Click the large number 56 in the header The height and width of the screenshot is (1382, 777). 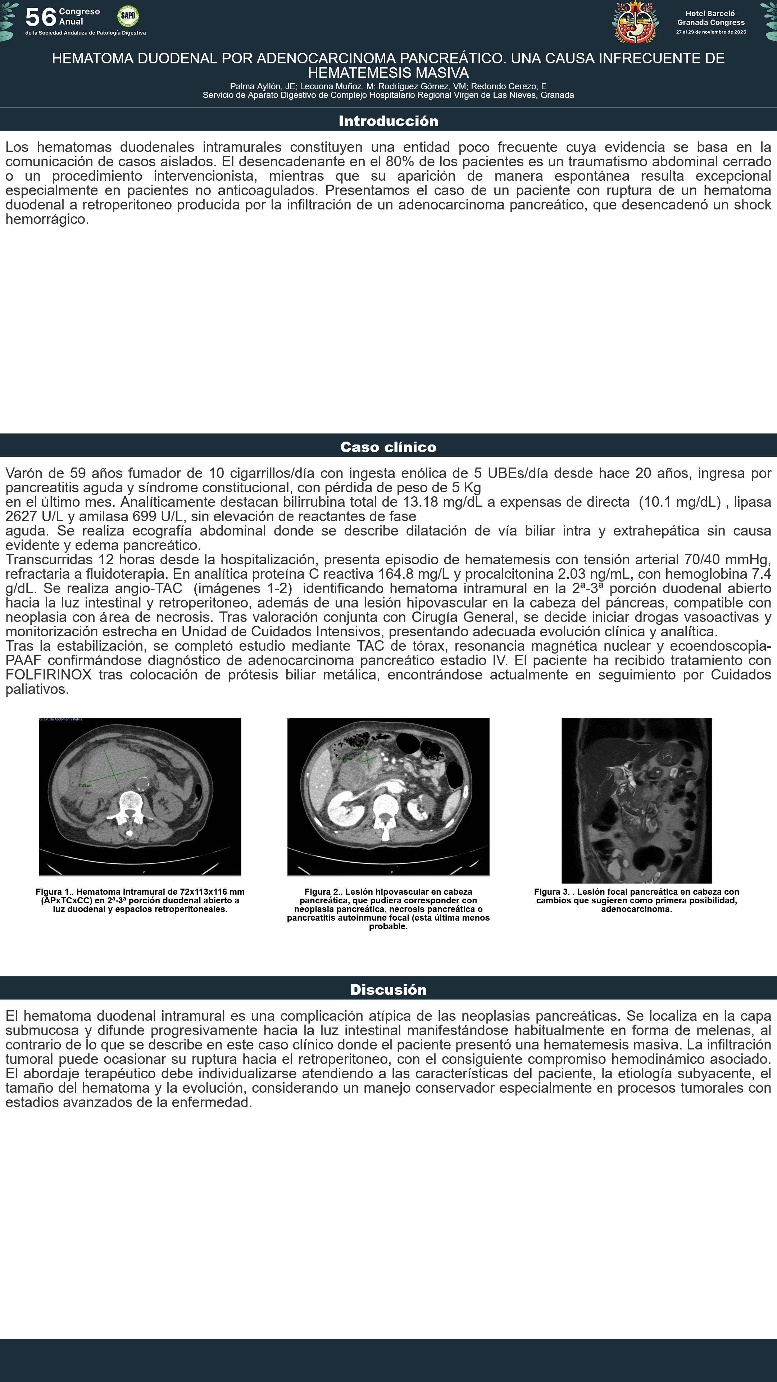click(x=41, y=18)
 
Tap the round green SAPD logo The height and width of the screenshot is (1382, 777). click(x=128, y=16)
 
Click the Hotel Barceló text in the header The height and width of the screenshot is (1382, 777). click(x=710, y=13)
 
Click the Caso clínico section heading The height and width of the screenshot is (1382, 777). click(x=388, y=447)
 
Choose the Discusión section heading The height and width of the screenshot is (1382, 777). click(x=388, y=990)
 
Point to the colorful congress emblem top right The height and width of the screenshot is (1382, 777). click(x=635, y=22)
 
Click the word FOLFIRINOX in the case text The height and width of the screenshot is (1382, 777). click(x=48, y=675)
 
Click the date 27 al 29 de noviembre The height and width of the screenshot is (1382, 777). click(x=710, y=32)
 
